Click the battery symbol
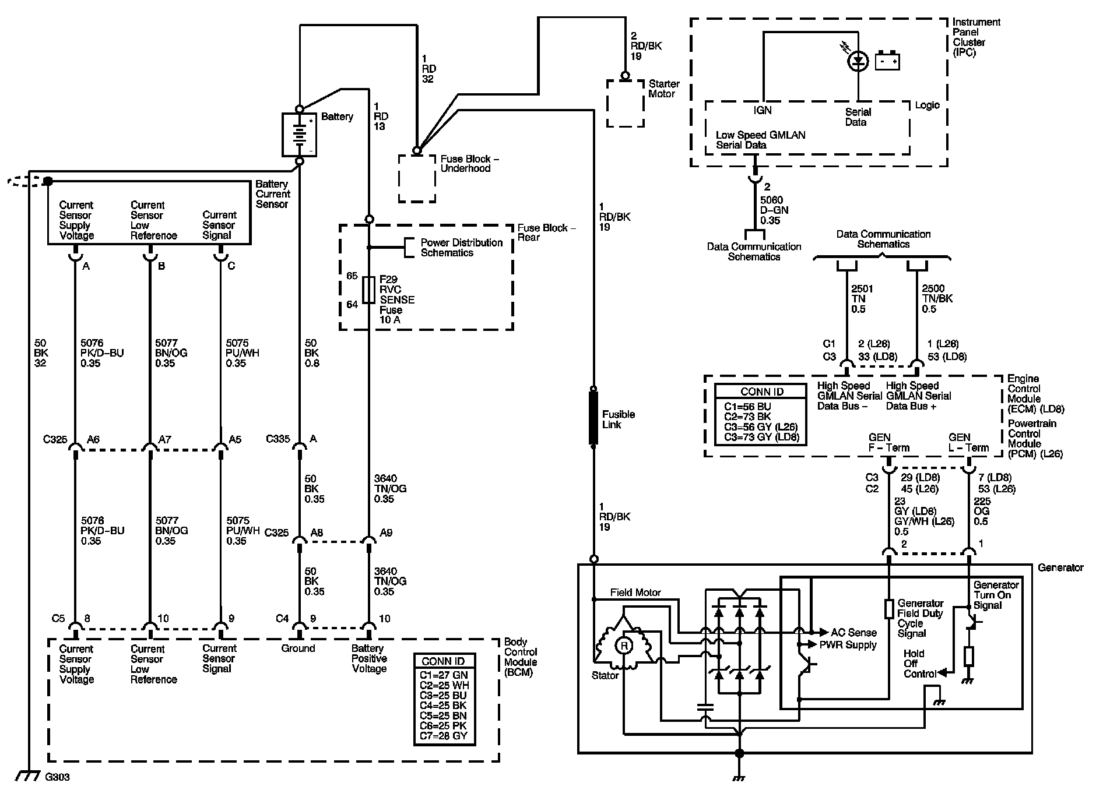coord(300,135)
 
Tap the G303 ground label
coord(57,777)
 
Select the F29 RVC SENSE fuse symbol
coord(368,290)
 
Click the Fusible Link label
coord(619,419)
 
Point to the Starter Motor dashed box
coord(625,103)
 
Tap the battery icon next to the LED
coord(887,61)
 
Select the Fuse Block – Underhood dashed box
coord(417,178)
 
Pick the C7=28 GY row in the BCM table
coord(444,736)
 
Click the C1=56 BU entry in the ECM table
coord(747,406)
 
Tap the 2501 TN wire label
coord(862,299)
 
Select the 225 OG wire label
coord(982,511)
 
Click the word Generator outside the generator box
coord(1060,567)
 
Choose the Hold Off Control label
coord(919,664)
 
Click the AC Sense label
coord(854,632)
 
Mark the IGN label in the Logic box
coord(763,110)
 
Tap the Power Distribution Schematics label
coord(462,248)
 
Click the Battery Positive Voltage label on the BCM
coord(370,659)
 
